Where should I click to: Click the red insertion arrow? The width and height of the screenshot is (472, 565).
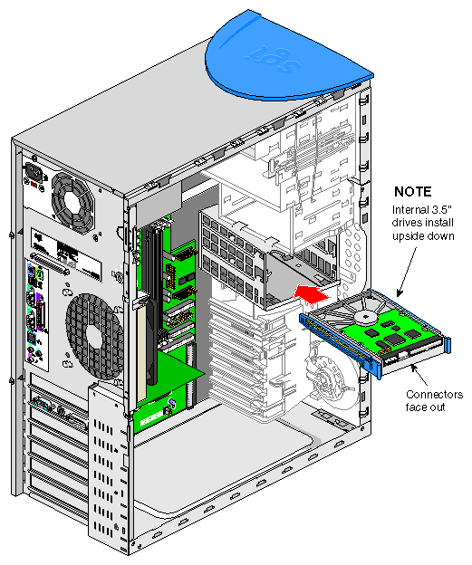311,292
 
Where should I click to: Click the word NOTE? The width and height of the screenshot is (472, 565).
412,191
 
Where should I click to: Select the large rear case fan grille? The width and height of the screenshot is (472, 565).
94,337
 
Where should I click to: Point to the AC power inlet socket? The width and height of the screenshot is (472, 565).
35,173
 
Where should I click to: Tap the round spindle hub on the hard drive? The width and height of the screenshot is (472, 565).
365,317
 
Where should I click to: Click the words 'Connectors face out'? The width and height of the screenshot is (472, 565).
434,401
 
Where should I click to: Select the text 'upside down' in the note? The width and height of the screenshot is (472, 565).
423,236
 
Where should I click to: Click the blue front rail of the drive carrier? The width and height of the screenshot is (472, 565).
339,345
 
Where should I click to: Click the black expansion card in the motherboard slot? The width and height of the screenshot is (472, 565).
152,302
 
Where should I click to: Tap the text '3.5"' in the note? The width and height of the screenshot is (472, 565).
442,209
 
